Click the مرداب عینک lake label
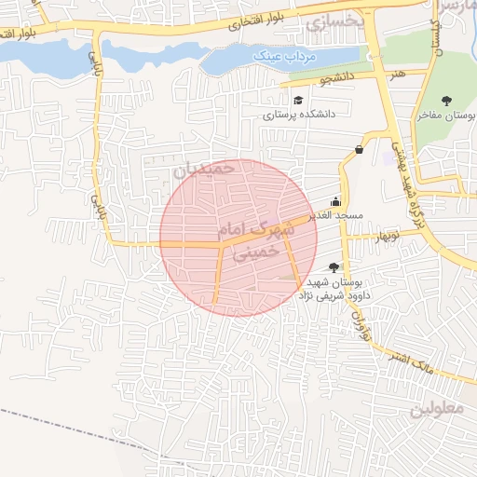pyautogui.click(x=286, y=58)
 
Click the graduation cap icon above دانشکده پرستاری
pyautogui.click(x=297, y=101)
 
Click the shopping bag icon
pyautogui.click(x=360, y=149)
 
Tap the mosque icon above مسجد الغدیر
pyautogui.click(x=335, y=201)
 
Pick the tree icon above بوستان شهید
pyautogui.click(x=334, y=267)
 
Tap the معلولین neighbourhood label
pyautogui.click(x=435, y=408)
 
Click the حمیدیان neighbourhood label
pyautogui.click(x=200, y=170)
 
